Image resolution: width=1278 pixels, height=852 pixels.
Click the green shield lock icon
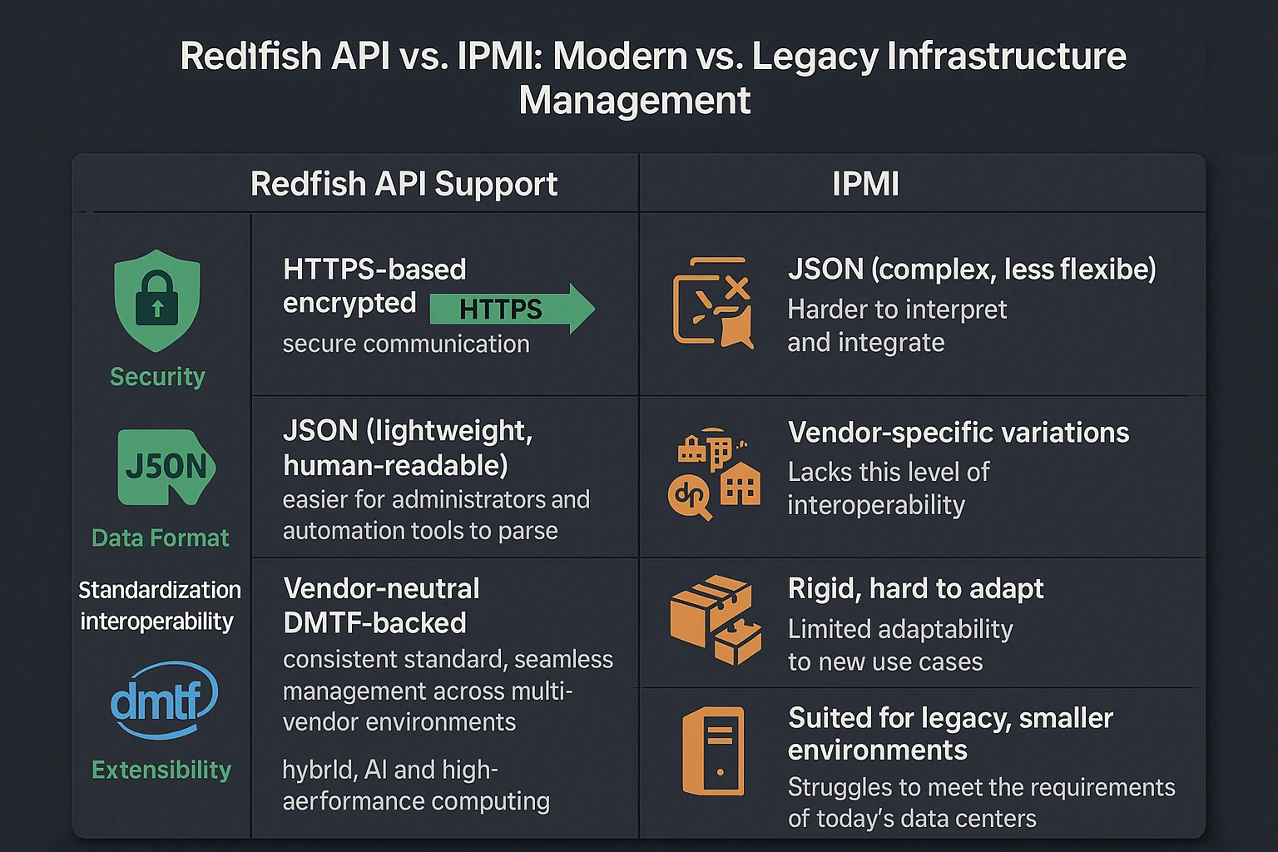coord(157,300)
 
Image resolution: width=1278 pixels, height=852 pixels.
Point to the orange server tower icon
coord(714,750)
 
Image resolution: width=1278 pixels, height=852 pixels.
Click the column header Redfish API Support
coord(404,184)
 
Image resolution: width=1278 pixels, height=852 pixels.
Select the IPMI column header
coord(865,184)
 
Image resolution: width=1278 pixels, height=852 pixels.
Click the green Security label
coord(157,377)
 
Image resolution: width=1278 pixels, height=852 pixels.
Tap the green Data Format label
coord(160,538)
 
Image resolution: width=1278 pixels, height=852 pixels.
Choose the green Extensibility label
coord(161,770)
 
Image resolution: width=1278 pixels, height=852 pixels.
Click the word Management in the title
coord(635,101)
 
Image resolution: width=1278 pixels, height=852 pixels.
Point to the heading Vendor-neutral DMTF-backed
coord(381,606)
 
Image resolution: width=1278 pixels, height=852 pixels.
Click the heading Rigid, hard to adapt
coord(915,589)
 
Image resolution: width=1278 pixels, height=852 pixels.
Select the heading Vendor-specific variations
coord(958,433)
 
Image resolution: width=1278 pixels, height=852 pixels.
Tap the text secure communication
coord(406,344)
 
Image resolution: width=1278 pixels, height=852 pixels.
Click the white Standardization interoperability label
coord(159,606)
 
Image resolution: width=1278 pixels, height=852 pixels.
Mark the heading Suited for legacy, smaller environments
coord(950,734)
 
